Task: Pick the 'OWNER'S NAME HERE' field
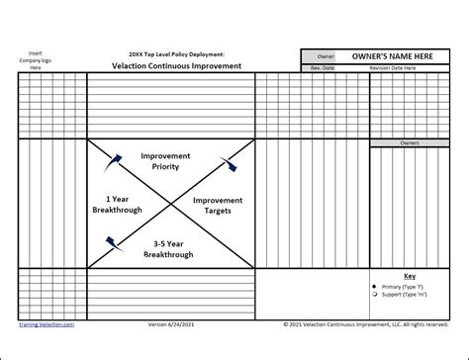point(392,57)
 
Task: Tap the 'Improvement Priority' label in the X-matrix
point(165,162)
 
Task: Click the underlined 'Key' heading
point(410,276)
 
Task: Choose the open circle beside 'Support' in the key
point(374,294)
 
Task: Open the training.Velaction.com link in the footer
point(47,322)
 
